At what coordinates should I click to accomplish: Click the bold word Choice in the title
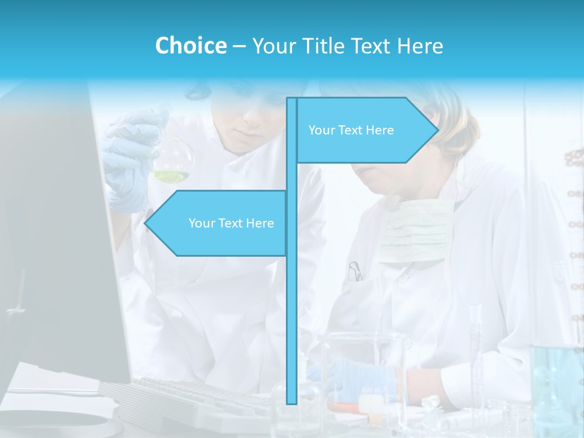(190, 46)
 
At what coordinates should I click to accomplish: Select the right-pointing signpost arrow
(365, 130)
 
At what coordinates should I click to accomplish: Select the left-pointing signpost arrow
(216, 223)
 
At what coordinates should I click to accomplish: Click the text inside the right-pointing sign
(351, 130)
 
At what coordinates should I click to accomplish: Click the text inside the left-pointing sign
(231, 223)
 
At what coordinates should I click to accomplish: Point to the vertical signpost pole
(291, 304)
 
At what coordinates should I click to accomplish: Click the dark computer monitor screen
(55, 243)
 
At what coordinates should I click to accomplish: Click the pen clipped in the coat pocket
(355, 271)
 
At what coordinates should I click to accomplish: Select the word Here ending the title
(420, 46)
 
